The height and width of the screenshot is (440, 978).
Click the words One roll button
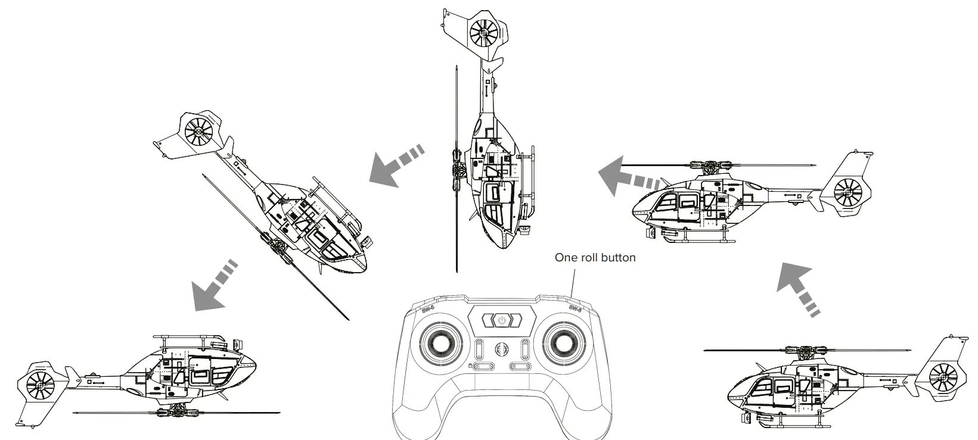[595, 258]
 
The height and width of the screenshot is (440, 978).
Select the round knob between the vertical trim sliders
[502, 349]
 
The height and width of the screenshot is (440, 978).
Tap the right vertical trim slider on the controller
[525, 349]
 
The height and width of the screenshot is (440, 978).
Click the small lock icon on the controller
[470, 366]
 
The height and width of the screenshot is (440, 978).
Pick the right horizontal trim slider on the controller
[520, 366]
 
